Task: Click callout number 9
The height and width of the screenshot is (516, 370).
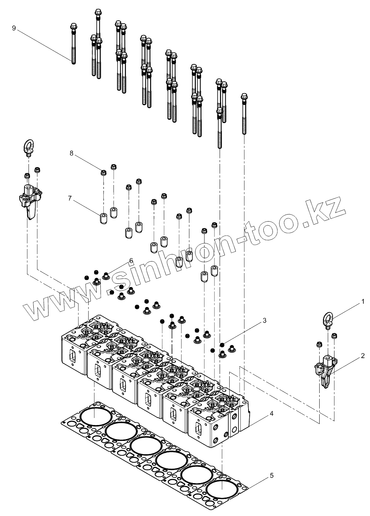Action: point(14,28)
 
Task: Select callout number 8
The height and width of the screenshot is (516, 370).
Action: point(72,153)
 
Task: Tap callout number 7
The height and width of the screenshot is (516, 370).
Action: point(70,198)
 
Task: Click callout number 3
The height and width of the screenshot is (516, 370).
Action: point(264,320)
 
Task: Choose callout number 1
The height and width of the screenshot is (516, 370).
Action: point(364,302)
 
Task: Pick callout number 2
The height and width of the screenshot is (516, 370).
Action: point(363,356)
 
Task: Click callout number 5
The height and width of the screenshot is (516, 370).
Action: point(272,476)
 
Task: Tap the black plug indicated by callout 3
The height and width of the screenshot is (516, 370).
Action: point(222,345)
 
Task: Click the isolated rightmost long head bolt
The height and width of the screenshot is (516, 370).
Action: point(244,113)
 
